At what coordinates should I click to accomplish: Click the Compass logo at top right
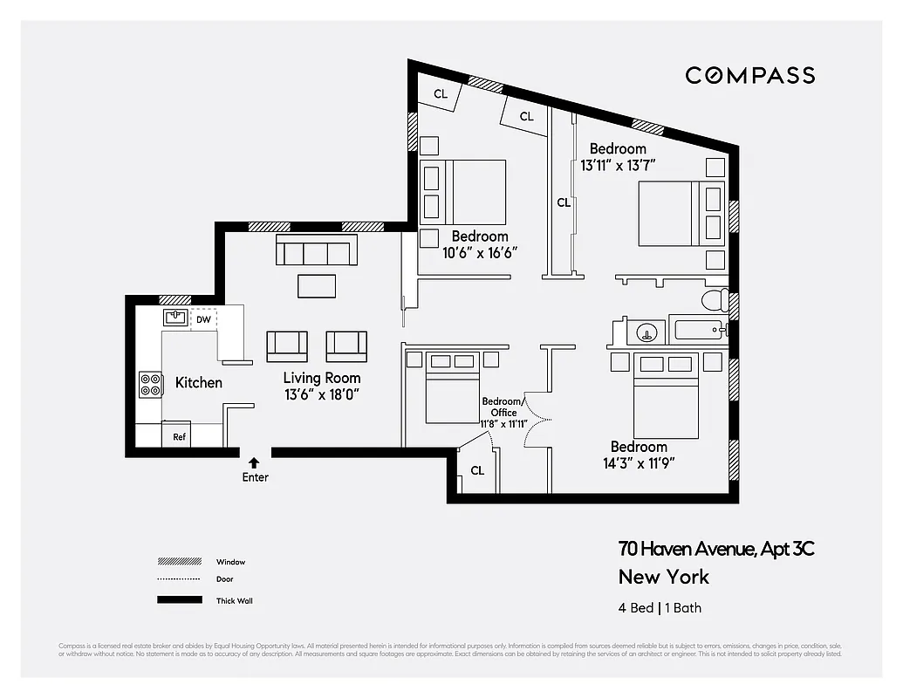coord(749,75)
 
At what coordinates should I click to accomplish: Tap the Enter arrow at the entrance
coord(255,462)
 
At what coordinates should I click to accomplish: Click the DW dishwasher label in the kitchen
coord(203,320)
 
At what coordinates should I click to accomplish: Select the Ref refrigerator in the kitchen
coord(179,436)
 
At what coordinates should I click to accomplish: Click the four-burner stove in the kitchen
coord(151,385)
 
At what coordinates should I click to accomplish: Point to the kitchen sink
coord(175,318)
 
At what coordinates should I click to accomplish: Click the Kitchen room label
coord(199,382)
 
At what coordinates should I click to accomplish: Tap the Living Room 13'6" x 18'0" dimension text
coord(321,394)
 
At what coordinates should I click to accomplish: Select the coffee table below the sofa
coord(317,285)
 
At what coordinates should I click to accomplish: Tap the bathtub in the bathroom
coord(700,331)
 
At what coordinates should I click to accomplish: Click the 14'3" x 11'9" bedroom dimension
coord(639,463)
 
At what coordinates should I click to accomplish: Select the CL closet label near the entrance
coord(477,470)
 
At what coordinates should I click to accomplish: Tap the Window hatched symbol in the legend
coord(178,562)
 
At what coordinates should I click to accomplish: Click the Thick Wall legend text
coord(235,600)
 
